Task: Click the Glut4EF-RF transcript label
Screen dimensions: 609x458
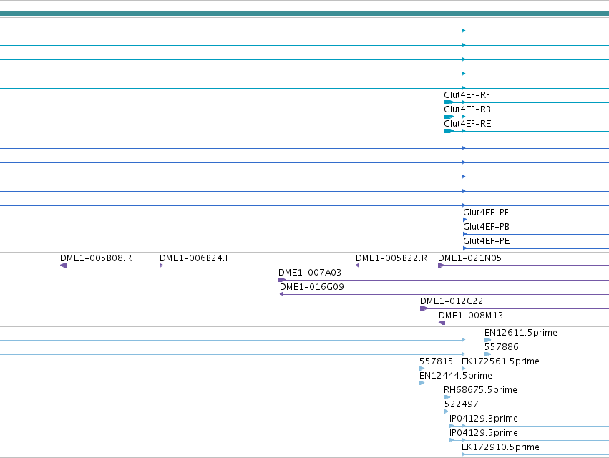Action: pos(467,95)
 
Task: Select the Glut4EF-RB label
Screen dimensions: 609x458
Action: pos(467,109)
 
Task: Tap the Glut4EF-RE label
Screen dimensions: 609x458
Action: pos(467,124)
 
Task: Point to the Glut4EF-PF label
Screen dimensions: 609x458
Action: pos(486,213)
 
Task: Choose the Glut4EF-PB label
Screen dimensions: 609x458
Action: pos(486,227)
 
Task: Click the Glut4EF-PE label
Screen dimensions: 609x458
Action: pos(486,241)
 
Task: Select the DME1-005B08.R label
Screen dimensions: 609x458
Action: pos(96,258)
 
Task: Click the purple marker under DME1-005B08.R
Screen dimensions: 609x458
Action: pos(64,265)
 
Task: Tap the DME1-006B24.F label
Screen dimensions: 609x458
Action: pos(195,258)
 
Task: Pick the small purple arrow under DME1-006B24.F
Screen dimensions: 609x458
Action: pos(161,265)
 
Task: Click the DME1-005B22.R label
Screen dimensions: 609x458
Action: pos(391,258)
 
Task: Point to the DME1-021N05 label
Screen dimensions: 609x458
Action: pos(469,258)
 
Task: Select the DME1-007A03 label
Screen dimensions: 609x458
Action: pos(310,273)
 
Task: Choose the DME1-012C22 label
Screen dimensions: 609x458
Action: pos(452,301)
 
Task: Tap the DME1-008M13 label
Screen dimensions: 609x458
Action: pos(471,316)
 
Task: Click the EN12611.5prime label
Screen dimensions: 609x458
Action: pos(521,333)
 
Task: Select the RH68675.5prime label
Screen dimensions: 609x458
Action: pos(480,390)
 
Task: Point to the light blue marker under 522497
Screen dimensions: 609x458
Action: pos(447,411)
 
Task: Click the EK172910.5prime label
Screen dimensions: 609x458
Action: pos(500,447)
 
